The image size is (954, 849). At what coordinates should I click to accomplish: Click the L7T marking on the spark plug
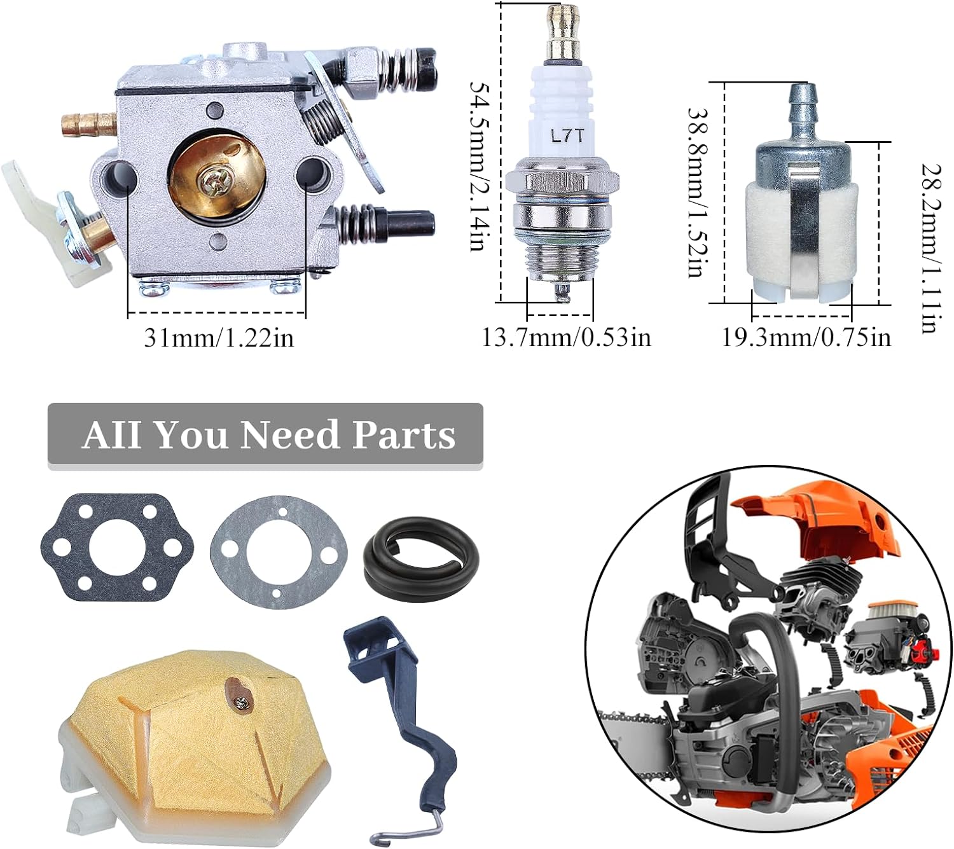point(567,137)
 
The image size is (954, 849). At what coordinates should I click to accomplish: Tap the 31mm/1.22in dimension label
point(219,338)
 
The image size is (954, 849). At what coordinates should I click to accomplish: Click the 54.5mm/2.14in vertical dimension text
point(480,167)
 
